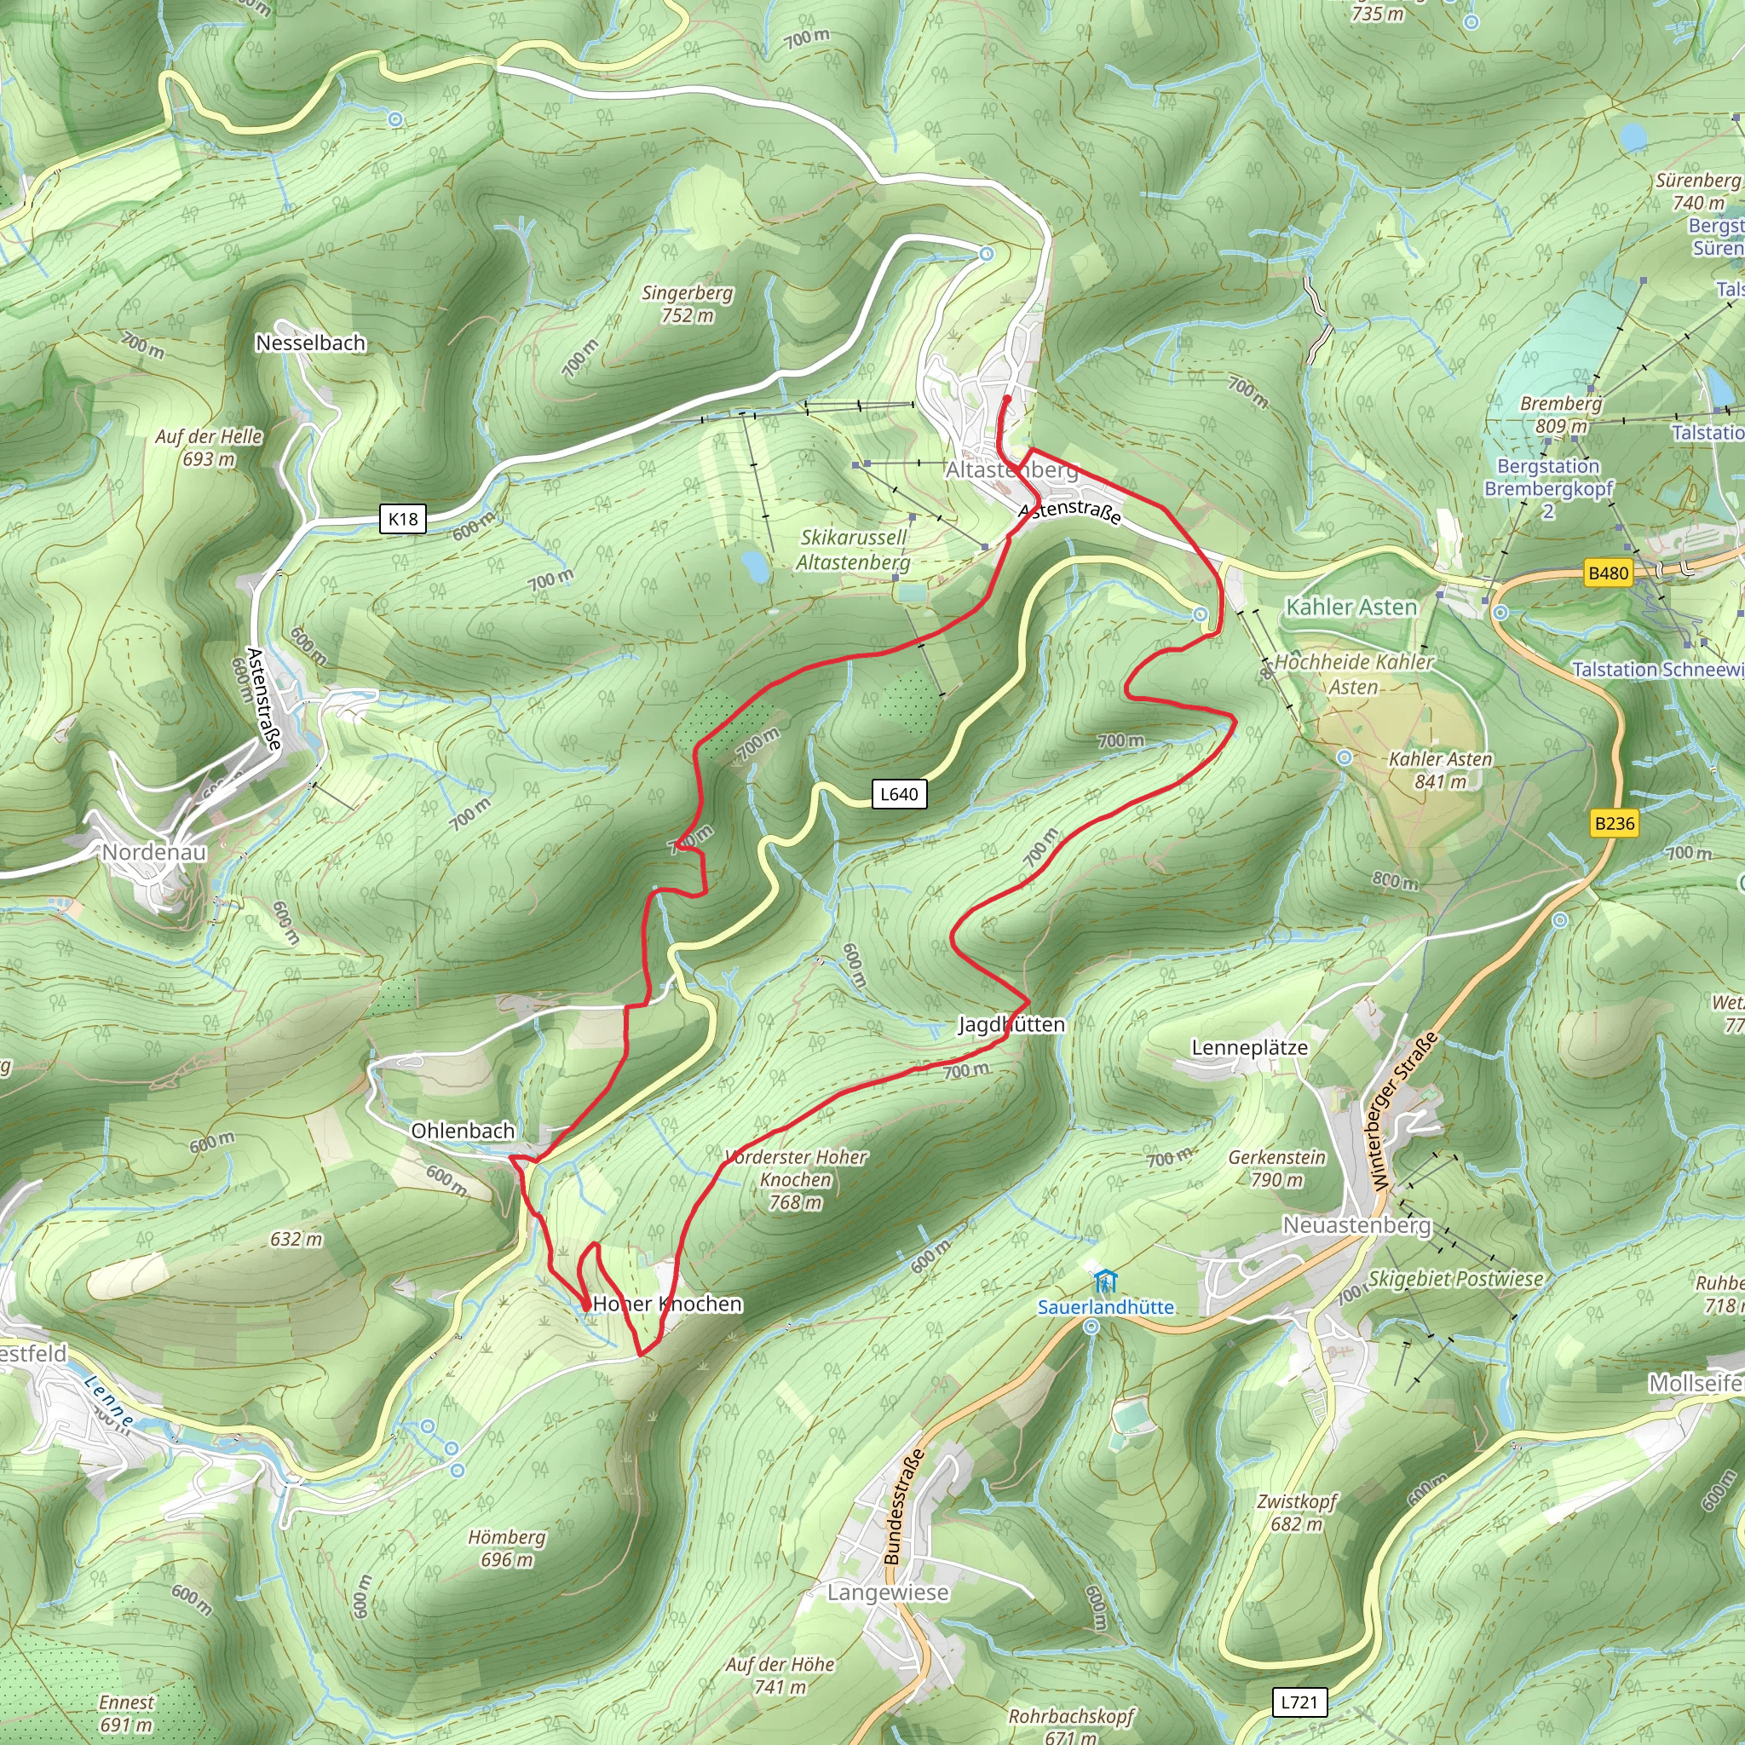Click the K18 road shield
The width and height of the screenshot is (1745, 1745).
(x=403, y=518)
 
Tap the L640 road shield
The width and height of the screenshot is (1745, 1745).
(x=899, y=794)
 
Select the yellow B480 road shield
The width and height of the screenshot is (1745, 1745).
(x=1608, y=573)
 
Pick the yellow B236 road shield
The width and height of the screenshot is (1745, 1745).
(x=1614, y=823)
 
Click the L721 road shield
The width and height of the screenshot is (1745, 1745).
(x=1299, y=1702)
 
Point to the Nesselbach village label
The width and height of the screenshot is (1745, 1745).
(x=310, y=343)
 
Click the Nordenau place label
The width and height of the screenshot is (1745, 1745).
(x=153, y=852)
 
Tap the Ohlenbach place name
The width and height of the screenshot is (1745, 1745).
(x=463, y=1130)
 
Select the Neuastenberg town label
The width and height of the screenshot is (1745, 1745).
(x=1356, y=1224)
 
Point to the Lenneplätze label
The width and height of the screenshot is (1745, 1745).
(x=1249, y=1048)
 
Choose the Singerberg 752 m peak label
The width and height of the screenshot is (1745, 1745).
(x=687, y=303)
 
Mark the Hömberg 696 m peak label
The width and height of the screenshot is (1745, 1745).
(x=507, y=1548)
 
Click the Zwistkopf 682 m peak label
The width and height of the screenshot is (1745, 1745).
(x=1296, y=1512)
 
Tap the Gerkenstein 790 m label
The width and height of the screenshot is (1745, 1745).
(x=1276, y=1168)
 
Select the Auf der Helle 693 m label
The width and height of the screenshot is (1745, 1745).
(x=209, y=447)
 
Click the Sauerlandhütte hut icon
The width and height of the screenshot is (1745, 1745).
(x=1104, y=1281)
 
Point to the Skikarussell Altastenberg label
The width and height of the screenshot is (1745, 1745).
(x=853, y=550)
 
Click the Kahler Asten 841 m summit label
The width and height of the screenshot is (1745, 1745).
(x=1440, y=769)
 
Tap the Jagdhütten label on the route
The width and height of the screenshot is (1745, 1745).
(x=1011, y=1024)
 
